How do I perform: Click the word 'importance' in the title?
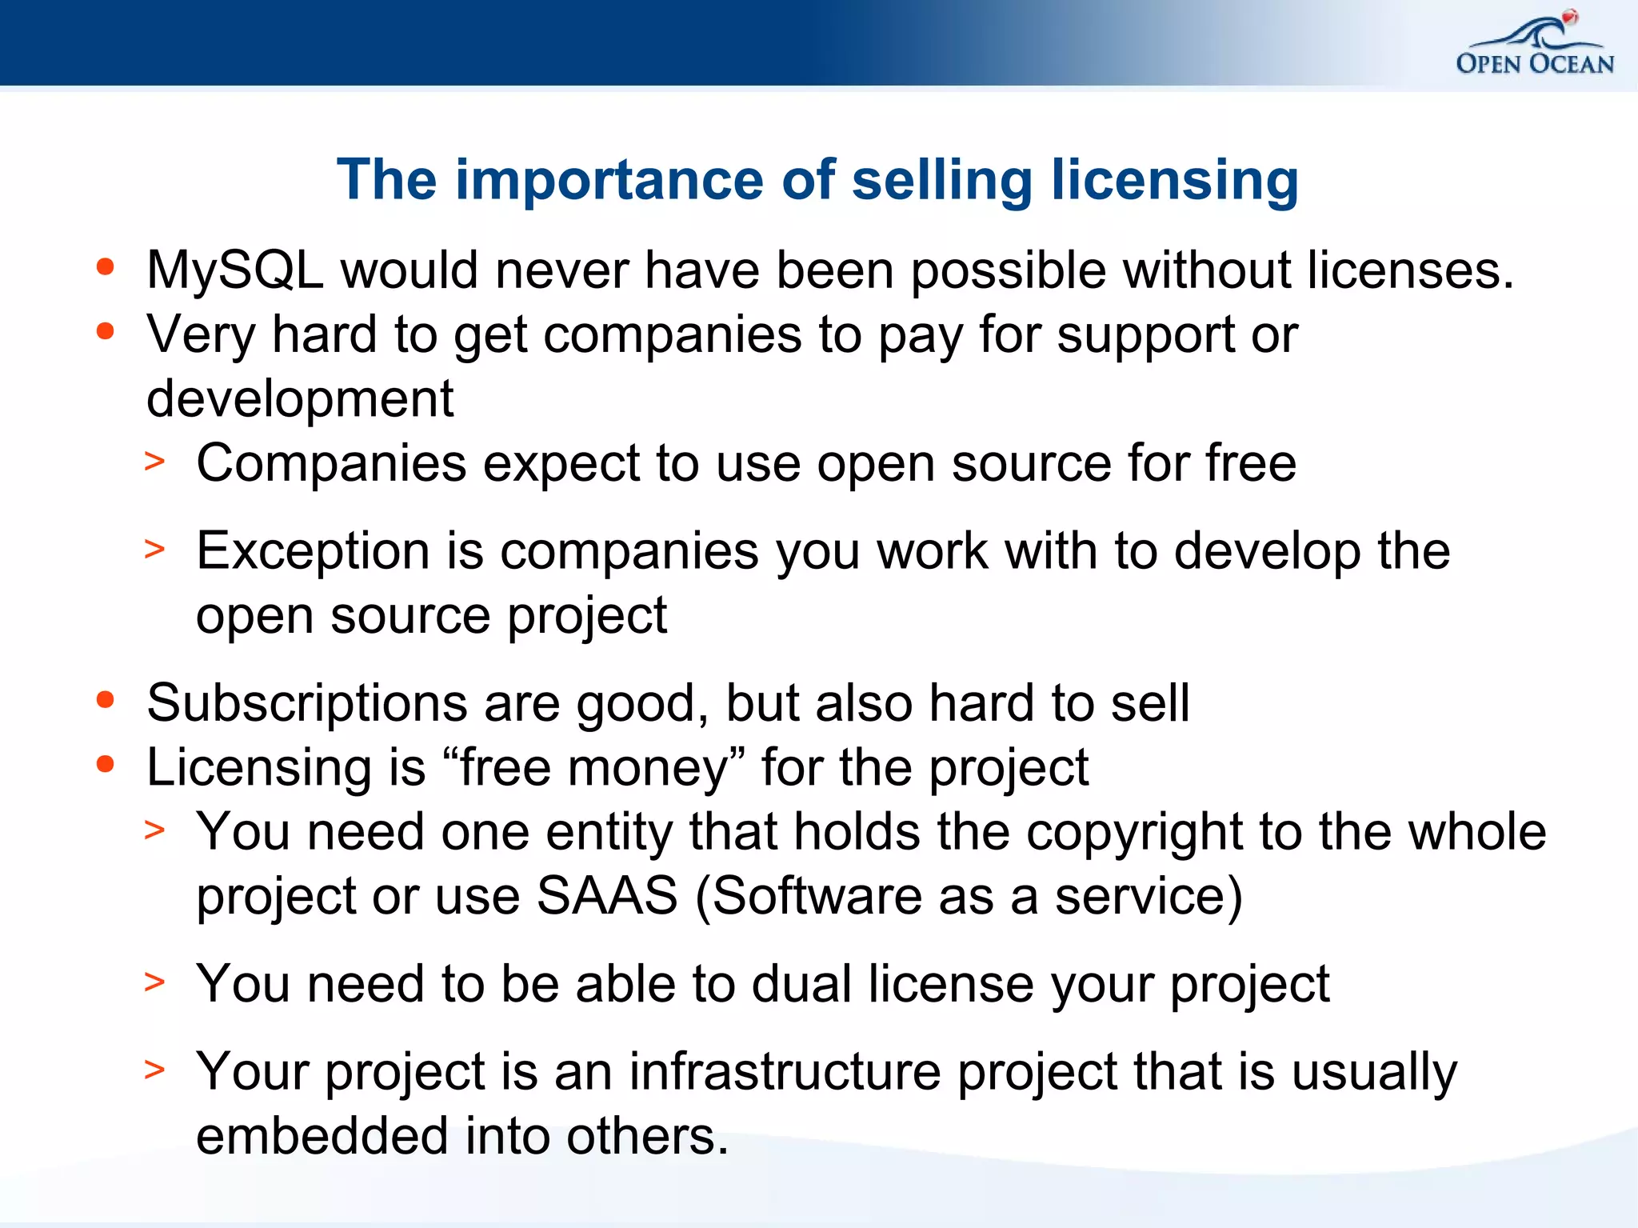point(609,179)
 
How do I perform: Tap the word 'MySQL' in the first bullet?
point(235,270)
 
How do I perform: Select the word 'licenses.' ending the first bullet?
point(1411,270)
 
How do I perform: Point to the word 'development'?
point(300,398)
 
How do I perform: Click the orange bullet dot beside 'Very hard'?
point(106,331)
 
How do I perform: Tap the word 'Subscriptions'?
point(306,704)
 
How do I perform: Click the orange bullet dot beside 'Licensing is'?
point(106,765)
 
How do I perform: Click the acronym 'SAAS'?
point(606,896)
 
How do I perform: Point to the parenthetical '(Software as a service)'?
point(969,896)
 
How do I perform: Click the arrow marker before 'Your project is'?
point(154,1069)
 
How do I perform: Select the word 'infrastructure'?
point(785,1072)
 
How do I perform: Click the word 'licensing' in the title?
point(1175,181)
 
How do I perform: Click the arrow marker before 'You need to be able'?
point(154,981)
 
